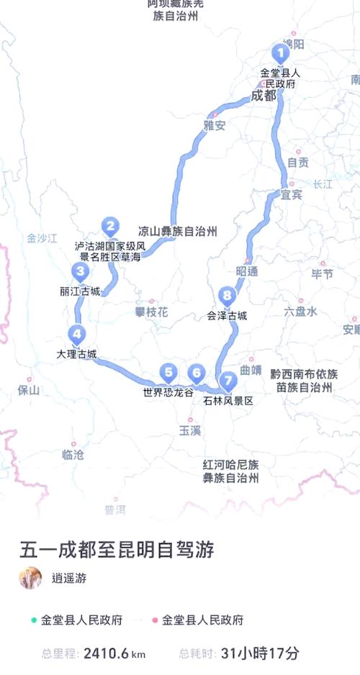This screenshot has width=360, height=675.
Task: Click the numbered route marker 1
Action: pos(280,53)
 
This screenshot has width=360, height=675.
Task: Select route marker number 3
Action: pos(80,272)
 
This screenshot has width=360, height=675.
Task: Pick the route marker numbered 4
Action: pos(76,334)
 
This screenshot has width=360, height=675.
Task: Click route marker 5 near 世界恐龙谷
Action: pos(168,372)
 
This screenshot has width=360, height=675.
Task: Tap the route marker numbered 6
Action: pos(196,373)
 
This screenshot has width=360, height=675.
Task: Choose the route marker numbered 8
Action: pos(227,295)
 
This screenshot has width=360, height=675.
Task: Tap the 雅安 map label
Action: pos(214,125)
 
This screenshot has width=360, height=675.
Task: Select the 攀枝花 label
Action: pos(151,312)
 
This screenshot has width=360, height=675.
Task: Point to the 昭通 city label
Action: pos(246,271)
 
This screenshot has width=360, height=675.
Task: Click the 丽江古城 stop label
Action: pos(80,292)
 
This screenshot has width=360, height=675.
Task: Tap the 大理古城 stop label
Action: pos(76,354)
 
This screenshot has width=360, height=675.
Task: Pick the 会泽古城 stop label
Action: pos(227,315)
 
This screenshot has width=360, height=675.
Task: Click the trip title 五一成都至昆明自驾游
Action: pos(117,551)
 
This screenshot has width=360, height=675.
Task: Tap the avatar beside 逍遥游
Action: pos(30,578)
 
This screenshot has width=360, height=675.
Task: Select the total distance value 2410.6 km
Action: pos(114,653)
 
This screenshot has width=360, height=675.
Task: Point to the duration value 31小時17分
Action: pos(260,653)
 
